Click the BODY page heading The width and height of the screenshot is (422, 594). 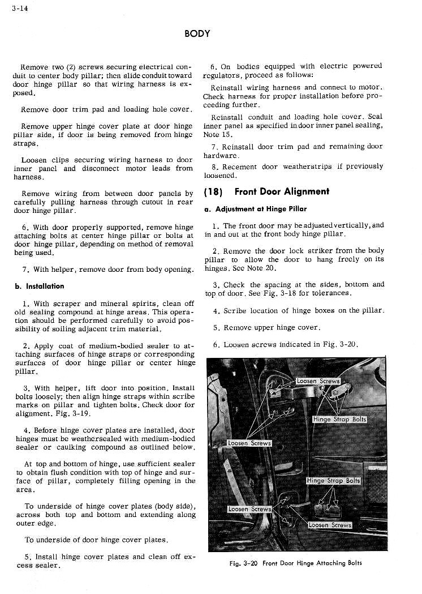click(197, 33)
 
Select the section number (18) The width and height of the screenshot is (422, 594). click(213, 191)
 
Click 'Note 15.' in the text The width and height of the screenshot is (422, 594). click(217, 135)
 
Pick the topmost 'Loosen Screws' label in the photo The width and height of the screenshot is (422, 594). click(318, 381)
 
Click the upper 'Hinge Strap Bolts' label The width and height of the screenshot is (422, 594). click(339, 420)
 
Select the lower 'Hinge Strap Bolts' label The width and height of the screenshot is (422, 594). click(333, 480)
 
